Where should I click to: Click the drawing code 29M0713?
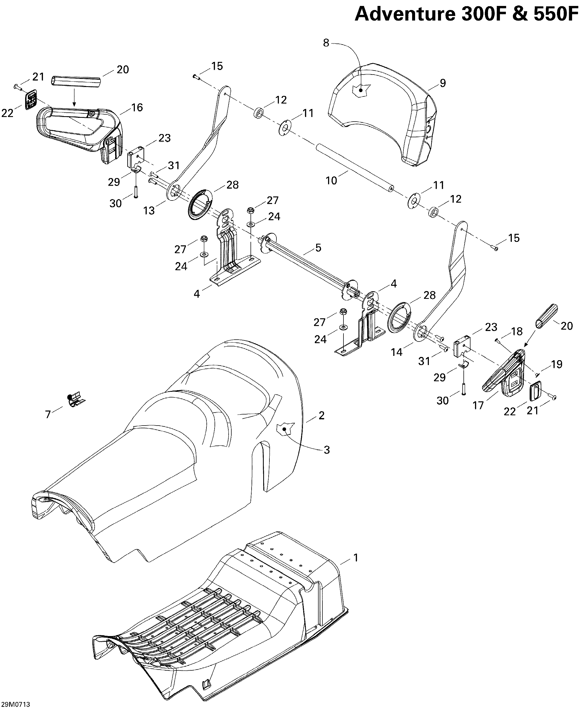click(x=15, y=705)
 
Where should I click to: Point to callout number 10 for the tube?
click(x=331, y=181)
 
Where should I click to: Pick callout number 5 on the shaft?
click(x=318, y=248)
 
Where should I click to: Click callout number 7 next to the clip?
click(x=48, y=414)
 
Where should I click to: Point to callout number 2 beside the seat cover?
click(x=321, y=416)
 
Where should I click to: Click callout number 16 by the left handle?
click(x=137, y=108)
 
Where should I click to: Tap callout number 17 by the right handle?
click(x=478, y=406)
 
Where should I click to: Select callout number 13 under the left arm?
click(x=149, y=210)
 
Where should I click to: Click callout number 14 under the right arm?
click(x=397, y=352)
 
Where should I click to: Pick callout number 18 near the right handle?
click(x=517, y=331)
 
